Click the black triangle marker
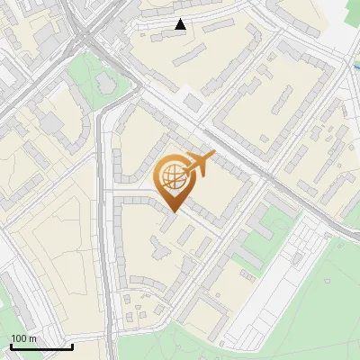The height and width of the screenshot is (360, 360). (x=181, y=24)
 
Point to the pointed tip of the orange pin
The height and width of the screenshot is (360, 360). (x=173, y=212)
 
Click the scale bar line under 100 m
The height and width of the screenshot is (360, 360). (x=41, y=347)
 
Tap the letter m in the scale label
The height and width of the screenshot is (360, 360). (x=33, y=339)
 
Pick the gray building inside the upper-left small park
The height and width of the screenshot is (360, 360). (x=105, y=83)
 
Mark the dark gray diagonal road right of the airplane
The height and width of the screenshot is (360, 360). (x=261, y=171)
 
